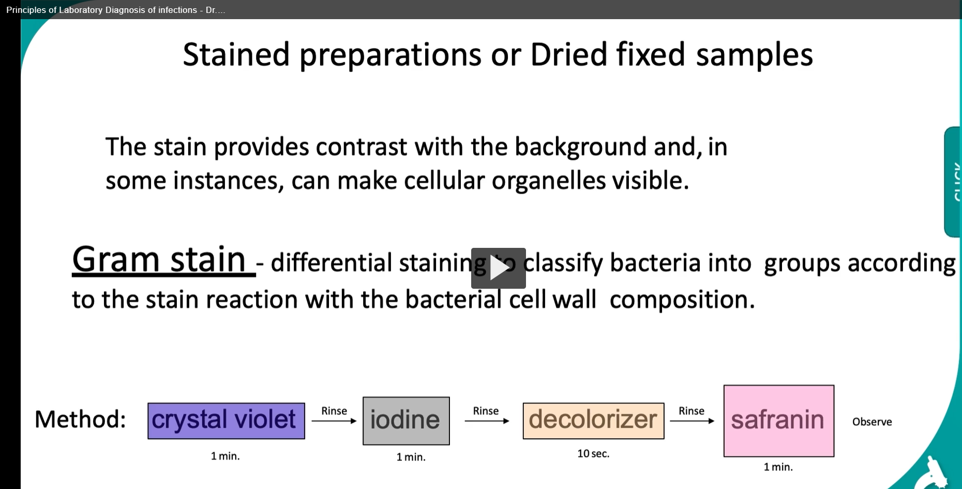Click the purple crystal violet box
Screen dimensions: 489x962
point(226,421)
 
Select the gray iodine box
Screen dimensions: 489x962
point(406,421)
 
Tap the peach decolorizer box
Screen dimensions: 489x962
point(593,421)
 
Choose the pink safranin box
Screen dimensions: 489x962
point(778,421)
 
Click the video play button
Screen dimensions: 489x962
point(498,268)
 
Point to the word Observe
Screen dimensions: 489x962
point(872,422)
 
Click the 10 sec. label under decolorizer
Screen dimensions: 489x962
point(593,454)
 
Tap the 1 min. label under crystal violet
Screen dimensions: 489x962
point(225,456)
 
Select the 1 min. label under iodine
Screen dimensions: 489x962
point(411,457)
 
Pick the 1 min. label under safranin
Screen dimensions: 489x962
point(778,467)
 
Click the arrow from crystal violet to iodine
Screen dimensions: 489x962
point(334,421)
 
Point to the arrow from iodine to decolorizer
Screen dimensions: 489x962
point(486,421)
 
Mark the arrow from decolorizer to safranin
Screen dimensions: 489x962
point(692,421)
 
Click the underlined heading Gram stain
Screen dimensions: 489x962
point(159,260)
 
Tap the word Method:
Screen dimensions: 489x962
point(80,419)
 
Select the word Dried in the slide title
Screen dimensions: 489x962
point(568,55)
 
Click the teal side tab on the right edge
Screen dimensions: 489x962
point(953,182)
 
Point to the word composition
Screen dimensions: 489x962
point(682,300)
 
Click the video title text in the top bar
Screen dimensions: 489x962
point(115,10)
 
